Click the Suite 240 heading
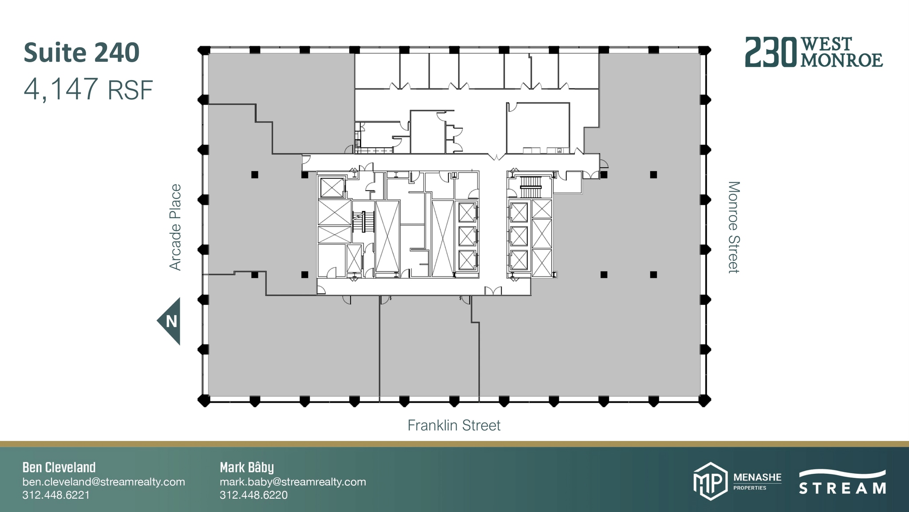pos(82,52)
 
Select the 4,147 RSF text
pos(88,89)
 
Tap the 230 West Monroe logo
pos(814,52)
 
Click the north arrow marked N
pos(170,321)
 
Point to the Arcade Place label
pos(175,227)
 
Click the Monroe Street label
pos(734,227)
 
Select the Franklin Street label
pos(454,425)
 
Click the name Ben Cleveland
pos(59,467)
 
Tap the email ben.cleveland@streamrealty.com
pos(103,482)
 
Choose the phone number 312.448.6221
pos(56,495)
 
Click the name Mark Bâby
pos(247,467)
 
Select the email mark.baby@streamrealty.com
pos(292,482)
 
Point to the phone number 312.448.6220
pos(253,495)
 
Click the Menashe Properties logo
pos(737,481)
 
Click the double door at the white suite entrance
pos(496,156)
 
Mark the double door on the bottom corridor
pos(493,291)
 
